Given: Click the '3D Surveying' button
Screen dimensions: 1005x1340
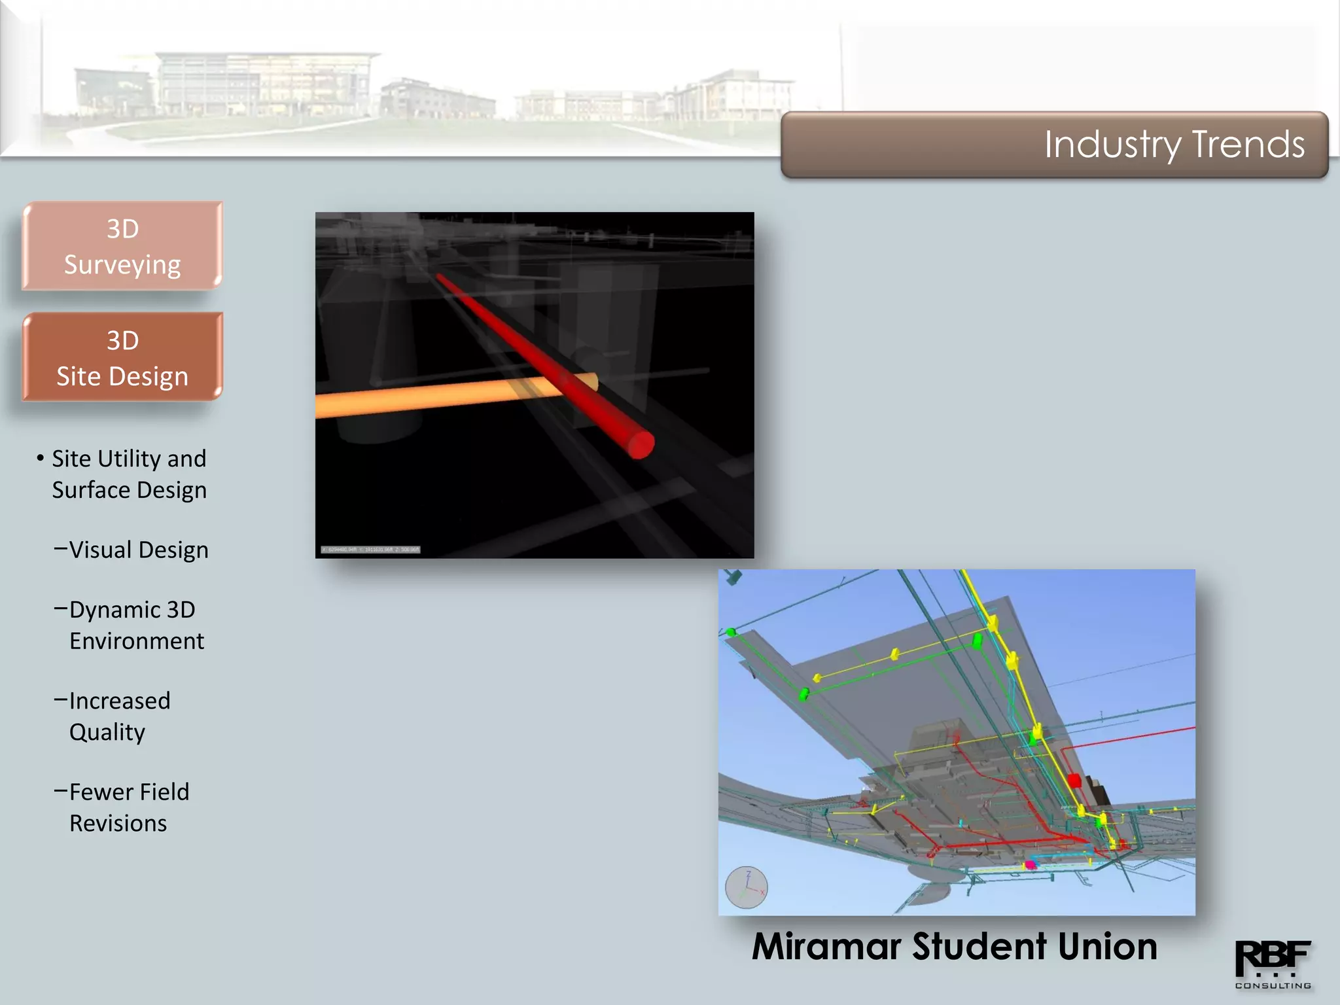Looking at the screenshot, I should click(122, 247).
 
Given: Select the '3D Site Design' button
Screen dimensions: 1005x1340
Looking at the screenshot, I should click(122, 358).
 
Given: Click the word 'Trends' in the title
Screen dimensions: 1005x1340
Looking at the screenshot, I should click(1248, 144).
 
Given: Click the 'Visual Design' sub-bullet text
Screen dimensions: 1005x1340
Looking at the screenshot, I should click(138, 550).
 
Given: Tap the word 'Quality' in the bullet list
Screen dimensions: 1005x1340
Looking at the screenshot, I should click(107, 732).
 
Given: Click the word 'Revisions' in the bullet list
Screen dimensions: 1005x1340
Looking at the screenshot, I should click(118, 823).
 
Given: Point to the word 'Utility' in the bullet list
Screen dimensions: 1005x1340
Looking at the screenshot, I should click(129, 459).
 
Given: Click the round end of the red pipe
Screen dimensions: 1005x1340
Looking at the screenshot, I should click(641, 444).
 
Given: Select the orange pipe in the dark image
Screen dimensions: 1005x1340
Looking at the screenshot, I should click(425, 397).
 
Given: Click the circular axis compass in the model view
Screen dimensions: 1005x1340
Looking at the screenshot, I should click(747, 888).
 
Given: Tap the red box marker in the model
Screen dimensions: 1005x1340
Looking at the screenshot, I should click(1074, 780).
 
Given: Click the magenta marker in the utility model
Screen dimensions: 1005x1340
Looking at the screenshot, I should click(1031, 865).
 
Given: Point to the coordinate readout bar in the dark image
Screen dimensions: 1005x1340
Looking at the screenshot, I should click(370, 550).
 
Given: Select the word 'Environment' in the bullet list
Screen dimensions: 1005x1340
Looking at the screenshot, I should click(137, 641).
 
